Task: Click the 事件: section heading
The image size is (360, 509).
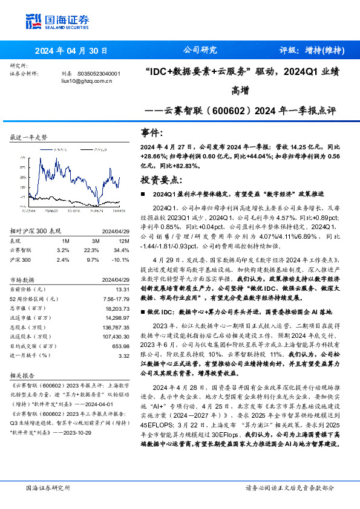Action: point(152,133)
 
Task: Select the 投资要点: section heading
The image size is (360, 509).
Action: point(161,180)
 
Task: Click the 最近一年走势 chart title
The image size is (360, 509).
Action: point(29,138)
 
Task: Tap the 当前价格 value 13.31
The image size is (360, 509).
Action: point(122,290)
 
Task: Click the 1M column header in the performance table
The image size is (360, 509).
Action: point(65,241)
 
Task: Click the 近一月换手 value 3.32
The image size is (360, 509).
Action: point(123,356)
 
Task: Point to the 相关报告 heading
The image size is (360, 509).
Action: point(24,374)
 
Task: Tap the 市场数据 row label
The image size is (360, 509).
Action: point(24,280)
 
